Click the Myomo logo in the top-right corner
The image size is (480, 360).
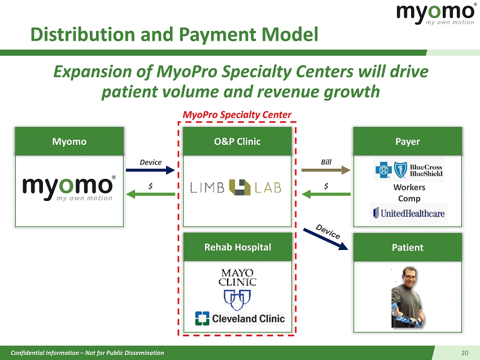coord(436,14)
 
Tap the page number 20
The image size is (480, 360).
coord(464,353)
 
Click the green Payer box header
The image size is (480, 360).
coord(408,142)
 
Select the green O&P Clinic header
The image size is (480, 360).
coord(237,142)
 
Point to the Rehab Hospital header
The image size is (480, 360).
coord(238,247)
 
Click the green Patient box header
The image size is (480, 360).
coord(408,247)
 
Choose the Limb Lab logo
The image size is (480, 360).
coord(235,187)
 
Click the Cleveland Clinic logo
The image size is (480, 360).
coord(240,318)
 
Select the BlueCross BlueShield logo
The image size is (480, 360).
coord(409,170)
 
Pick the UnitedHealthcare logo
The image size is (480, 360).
coord(409,213)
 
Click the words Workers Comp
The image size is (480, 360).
coord(409,192)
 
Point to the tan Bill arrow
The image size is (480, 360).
coord(326,170)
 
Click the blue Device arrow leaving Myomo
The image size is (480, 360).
coord(150,170)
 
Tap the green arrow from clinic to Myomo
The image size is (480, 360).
coord(150,194)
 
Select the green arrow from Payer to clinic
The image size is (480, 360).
coord(326,194)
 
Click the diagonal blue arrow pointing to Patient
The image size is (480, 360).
coord(326,239)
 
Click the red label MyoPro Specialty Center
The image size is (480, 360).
coord(237,115)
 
